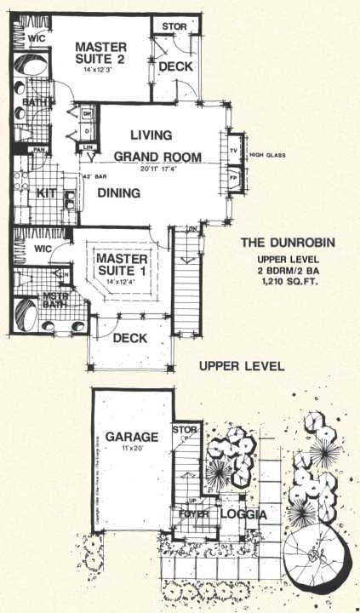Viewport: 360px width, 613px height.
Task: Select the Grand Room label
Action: click(157, 157)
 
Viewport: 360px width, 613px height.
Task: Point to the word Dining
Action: click(118, 193)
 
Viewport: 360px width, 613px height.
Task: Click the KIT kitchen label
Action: click(48, 193)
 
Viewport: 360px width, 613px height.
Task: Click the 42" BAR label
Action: click(92, 177)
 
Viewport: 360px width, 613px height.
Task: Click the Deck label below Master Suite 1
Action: click(130, 338)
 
